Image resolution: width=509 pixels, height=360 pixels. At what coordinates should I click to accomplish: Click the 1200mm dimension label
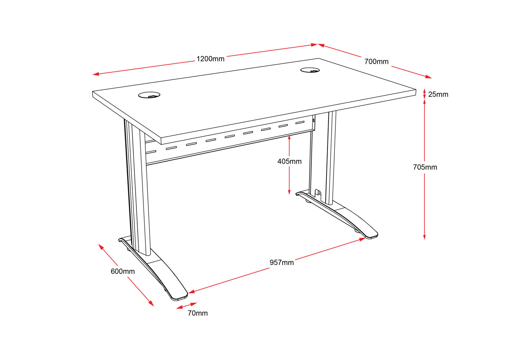(210, 59)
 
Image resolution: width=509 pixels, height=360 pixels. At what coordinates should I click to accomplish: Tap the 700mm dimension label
(376, 61)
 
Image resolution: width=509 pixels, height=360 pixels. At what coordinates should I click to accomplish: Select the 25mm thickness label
(438, 94)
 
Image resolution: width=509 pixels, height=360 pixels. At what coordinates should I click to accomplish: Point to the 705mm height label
(425, 167)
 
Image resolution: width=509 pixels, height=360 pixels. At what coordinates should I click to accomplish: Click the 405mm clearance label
(289, 161)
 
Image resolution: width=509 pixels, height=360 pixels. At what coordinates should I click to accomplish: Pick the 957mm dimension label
(281, 263)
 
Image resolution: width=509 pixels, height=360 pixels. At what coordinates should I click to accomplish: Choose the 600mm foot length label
(123, 272)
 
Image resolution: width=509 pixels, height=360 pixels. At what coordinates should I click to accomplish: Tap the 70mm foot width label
(198, 313)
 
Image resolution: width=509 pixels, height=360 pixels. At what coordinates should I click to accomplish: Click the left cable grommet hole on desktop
(149, 95)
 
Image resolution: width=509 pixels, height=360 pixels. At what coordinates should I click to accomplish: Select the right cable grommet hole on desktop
(310, 70)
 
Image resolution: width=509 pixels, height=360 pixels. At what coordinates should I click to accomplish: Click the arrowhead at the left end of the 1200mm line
(96, 74)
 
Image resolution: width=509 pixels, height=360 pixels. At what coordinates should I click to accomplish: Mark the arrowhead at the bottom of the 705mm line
(424, 237)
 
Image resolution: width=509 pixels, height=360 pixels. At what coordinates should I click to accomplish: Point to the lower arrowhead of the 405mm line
(289, 192)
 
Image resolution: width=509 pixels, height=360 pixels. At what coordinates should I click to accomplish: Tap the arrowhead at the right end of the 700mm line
(428, 77)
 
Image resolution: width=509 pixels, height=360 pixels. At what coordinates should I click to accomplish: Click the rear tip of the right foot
(297, 194)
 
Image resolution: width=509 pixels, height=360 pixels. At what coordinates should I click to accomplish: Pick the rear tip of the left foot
(119, 240)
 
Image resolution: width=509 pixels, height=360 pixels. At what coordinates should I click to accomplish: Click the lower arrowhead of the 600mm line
(151, 304)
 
